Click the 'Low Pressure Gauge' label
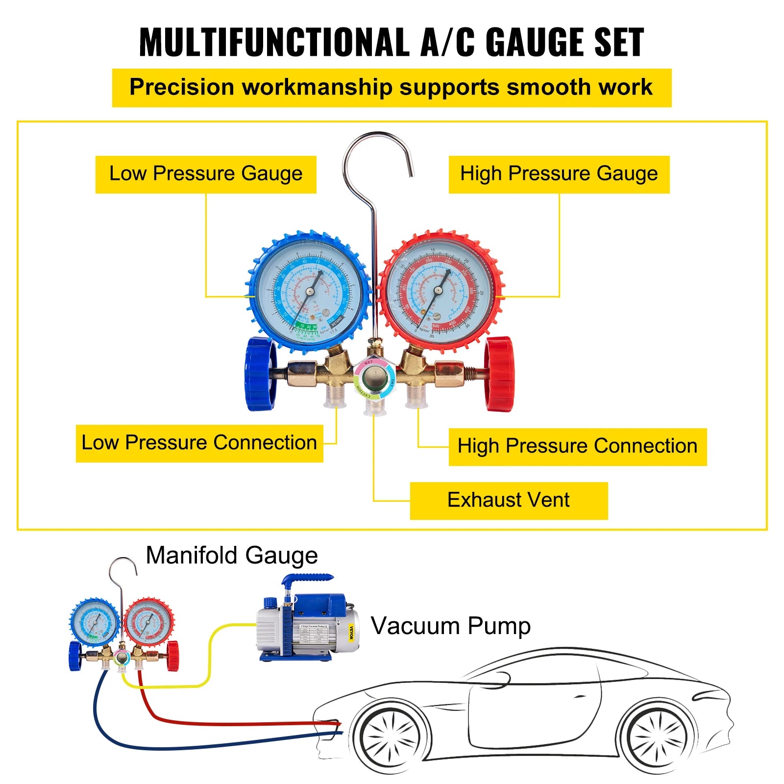(206, 174)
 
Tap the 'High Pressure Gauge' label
(559, 174)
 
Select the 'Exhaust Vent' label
(508, 500)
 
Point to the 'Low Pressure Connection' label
(199, 443)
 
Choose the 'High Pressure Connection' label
(577, 446)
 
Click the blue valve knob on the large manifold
(261, 373)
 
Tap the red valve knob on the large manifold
(500, 373)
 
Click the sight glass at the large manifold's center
(374, 379)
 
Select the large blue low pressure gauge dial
(309, 292)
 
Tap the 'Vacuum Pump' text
(450, 626)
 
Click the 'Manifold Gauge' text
(232, 556)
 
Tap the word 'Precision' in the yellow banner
(182, 88)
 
